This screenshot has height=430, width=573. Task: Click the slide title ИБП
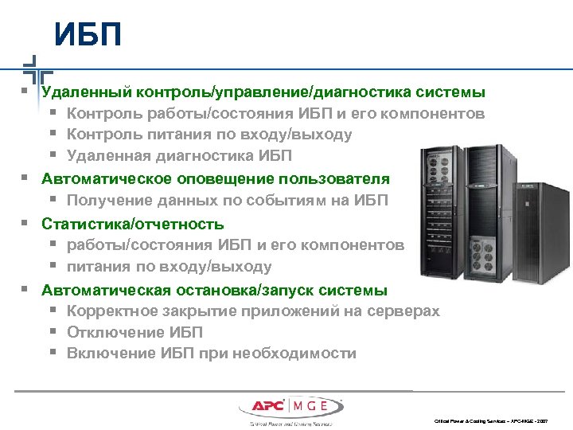coord(88,35)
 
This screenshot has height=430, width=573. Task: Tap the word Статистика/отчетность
coord(133,224)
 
